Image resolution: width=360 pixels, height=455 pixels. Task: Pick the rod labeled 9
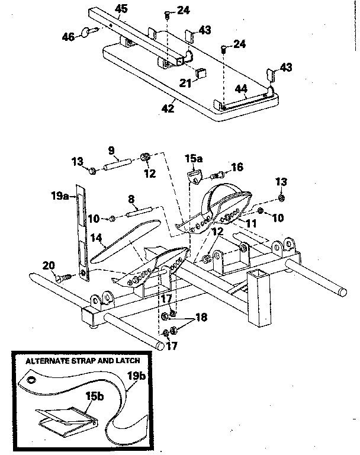pos(117,163)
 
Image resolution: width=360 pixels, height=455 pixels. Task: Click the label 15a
pos(194,158)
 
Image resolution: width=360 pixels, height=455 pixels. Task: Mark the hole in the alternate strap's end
pos(31,377)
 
